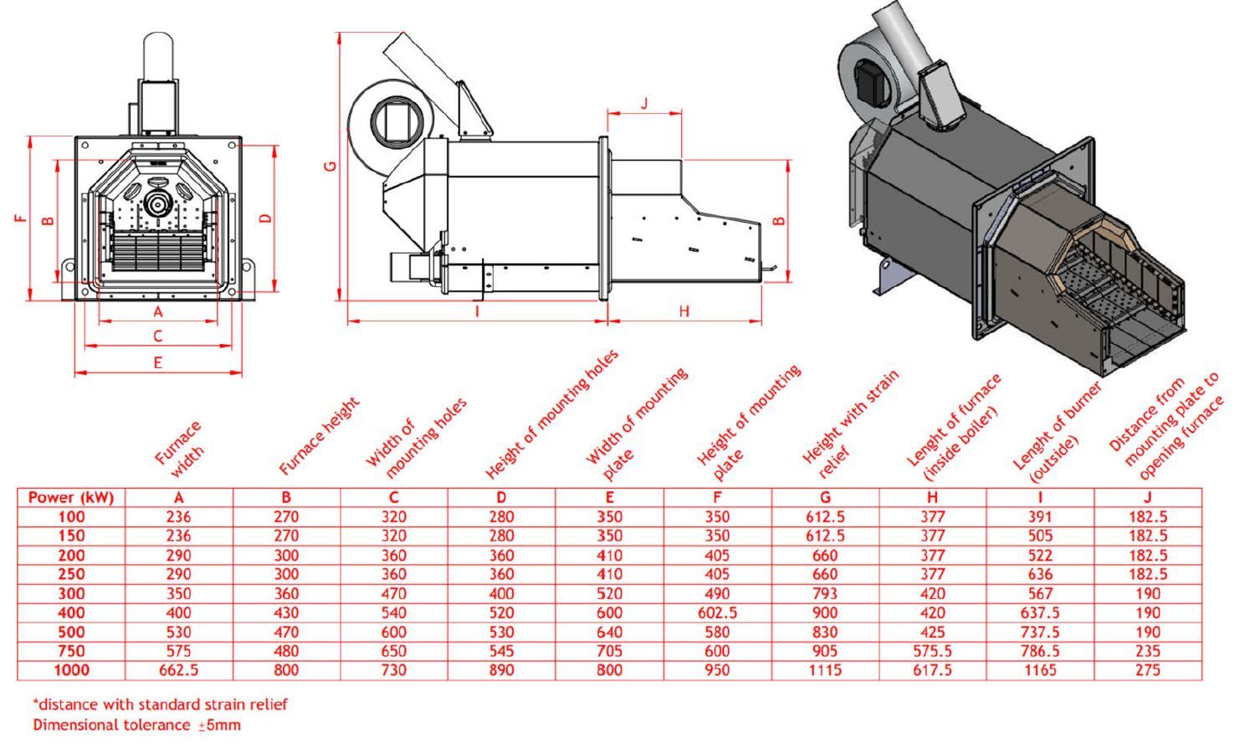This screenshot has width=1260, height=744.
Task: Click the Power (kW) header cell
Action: click(x=71, y=497)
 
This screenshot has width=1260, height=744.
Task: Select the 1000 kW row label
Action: click(x=71, y=670)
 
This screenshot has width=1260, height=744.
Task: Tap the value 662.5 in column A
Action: click(x=178, y=670)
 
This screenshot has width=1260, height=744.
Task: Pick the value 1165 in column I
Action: click(x=1040, y=670)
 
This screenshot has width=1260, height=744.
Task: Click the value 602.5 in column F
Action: click(x=717, y=613)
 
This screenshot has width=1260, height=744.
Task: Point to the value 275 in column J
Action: click(x=1148, y=670)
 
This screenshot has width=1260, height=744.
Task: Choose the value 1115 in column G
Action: click(x=825, y=670)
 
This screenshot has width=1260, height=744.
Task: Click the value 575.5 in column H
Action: click(x=932, y=651)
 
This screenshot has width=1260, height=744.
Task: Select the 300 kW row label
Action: click(x=71, y=593)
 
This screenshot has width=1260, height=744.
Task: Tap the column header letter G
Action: click(x=825, y=497)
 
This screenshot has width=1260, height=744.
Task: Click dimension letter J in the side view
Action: click(x=644, y=104)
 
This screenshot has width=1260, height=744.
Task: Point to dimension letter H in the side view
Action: click(x=684, y=311)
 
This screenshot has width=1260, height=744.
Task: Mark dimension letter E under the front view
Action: click(x=157, y=362)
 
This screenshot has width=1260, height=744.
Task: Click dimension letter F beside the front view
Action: click(x=20, y=219)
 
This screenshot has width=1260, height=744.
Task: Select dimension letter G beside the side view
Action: click(x=330, y=166)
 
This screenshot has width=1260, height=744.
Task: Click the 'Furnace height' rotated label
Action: click(x=319, y=436)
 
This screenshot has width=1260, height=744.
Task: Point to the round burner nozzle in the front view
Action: click(x=156, y=202)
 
